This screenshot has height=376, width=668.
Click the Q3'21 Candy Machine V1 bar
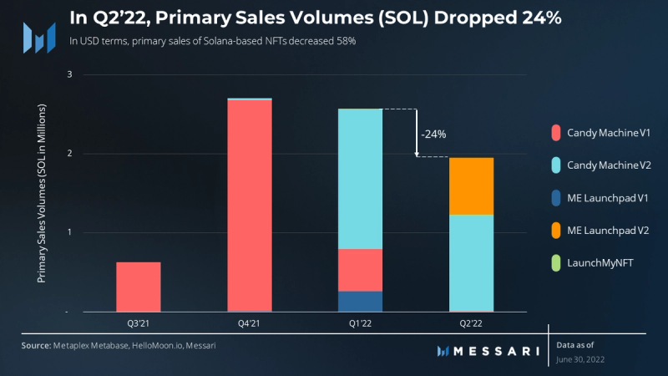tap(139, 287)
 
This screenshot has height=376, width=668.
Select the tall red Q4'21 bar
tap(250, 205)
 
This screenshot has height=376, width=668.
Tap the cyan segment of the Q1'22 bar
tap(360, 179)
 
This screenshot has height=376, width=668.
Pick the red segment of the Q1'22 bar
tap(360, 270)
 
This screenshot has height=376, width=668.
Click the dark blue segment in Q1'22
tap(360, 301)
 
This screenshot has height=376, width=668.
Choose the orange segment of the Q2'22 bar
tap(471, 186)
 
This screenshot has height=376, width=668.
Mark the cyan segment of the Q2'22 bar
tap(471, 262)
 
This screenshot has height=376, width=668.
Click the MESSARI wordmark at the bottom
tap(492, 351)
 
